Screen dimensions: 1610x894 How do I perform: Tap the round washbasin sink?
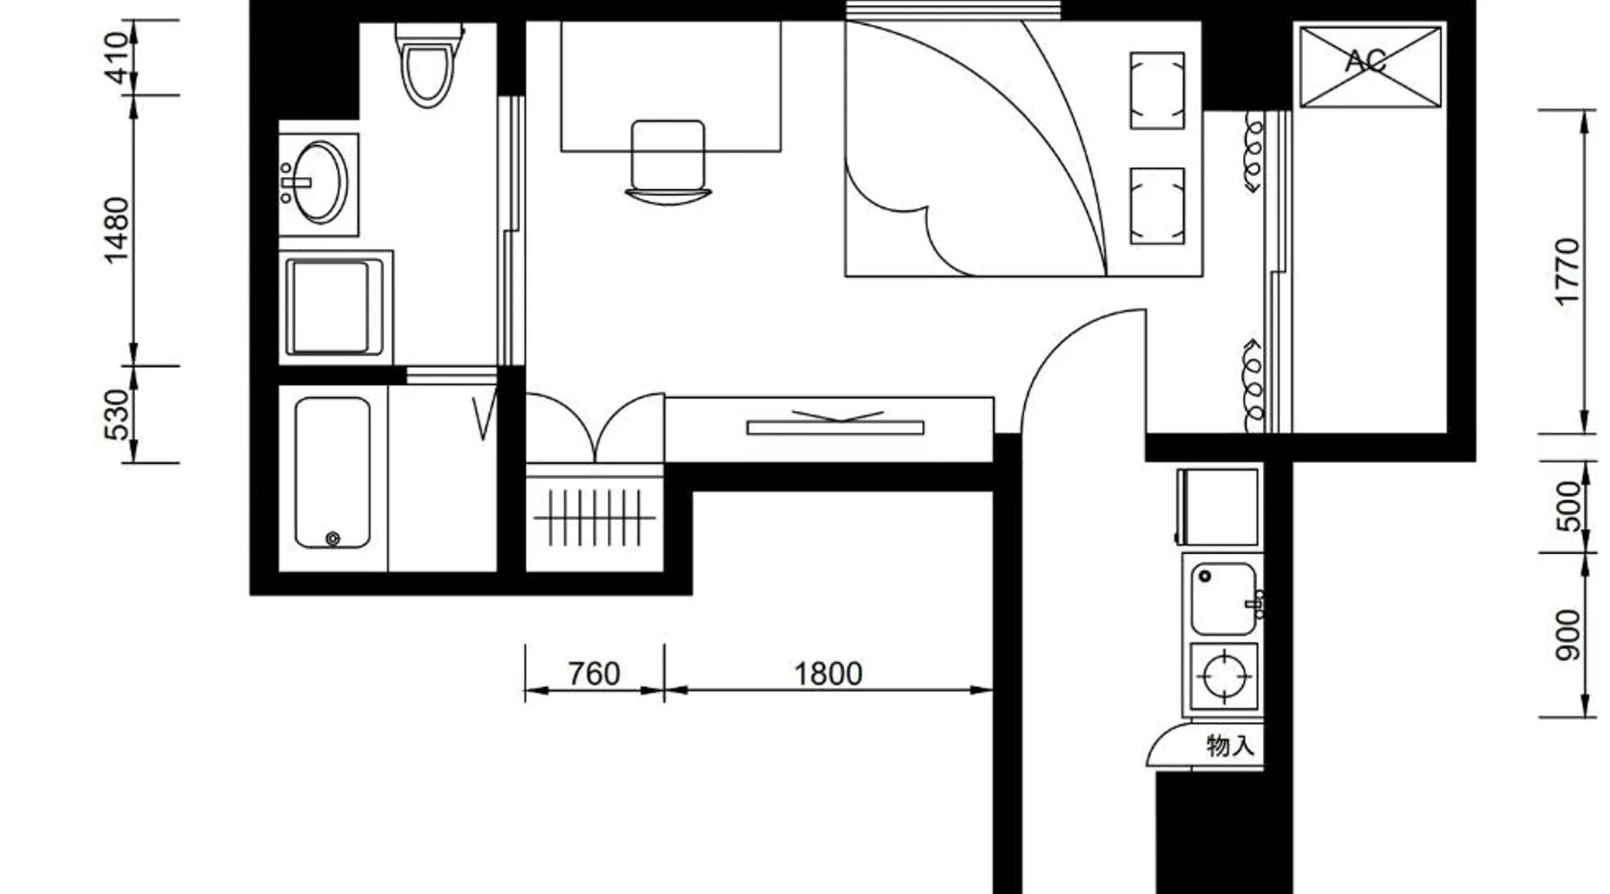pos(319,182)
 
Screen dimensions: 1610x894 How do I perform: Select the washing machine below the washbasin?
pos(335,307)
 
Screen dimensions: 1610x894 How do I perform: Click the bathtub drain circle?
pos(333,538)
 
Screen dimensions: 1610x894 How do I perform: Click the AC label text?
pos(1366,61)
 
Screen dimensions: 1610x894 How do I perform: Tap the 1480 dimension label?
pos(117,231)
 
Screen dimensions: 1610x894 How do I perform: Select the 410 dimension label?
pos(117,58)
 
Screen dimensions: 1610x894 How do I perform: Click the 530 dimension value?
pos(117,415)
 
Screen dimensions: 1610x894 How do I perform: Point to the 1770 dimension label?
pos(1568,272)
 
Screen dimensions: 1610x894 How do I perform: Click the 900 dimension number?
pos(1568,636)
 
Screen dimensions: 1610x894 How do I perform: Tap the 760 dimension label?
pos(594,673)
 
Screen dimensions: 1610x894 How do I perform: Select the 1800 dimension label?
pos(828,673)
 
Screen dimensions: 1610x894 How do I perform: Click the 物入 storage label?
pos(1231,745)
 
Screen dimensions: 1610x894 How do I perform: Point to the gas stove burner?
pos(1224,676)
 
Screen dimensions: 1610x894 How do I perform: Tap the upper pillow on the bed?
pos(1157,90)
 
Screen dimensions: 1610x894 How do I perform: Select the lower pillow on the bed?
pos(1157,206)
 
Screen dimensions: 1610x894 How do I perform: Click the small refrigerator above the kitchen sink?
pos(1217,507)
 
